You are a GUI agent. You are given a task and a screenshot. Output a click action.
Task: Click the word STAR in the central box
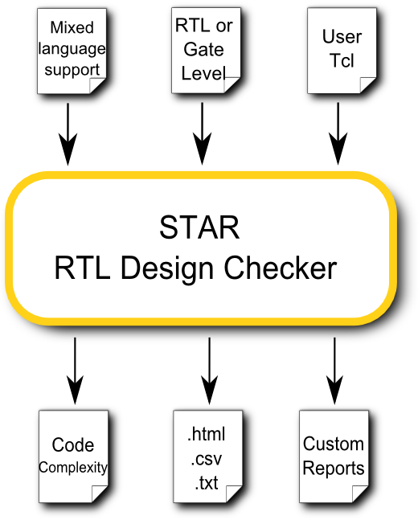(x=199, y=227)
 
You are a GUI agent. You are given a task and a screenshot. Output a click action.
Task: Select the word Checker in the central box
(x=281, y=268)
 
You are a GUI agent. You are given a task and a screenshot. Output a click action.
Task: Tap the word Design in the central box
(x=167, y=270)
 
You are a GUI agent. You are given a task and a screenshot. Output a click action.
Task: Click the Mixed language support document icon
(x=72, y=51)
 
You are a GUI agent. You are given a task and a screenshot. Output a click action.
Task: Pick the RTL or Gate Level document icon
(x=206, y=51)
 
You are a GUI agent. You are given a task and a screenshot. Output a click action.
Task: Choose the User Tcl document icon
(x=342, y=51)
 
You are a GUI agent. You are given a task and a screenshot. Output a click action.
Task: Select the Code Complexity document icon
(x=73, y=457)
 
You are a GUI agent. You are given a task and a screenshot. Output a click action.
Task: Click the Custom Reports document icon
(x=334, y=457)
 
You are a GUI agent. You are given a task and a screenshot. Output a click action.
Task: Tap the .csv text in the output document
(x=207, y=459)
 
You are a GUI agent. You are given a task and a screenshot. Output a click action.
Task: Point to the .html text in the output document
(x=207, y=434)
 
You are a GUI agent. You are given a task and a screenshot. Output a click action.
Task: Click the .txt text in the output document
(x=207, y=483)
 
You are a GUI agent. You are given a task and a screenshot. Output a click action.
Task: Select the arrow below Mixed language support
(x=68, y=134)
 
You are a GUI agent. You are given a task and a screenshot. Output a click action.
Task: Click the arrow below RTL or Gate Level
(x=202, y=133)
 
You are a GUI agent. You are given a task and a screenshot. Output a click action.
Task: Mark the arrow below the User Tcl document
(x=338, y=133)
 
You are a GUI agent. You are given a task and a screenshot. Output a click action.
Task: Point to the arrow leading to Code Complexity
(x=75, y=371)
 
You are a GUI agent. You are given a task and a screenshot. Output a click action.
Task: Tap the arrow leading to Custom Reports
(x=334, y=371)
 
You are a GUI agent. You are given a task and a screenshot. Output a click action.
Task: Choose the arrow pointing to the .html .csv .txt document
(x=209, y=371)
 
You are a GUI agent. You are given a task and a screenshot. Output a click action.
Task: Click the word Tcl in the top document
(x=342, y=60)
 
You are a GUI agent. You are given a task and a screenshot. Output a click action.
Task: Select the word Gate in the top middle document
(x=203, y=49)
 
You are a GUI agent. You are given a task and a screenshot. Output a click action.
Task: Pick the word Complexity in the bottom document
(x=73, y=468)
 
